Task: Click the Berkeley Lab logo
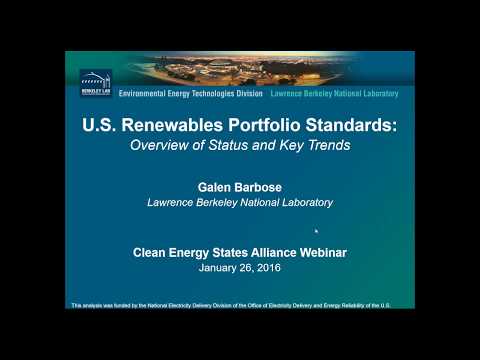point(95,83)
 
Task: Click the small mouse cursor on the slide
point(317,231)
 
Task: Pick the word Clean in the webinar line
point(151,253)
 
